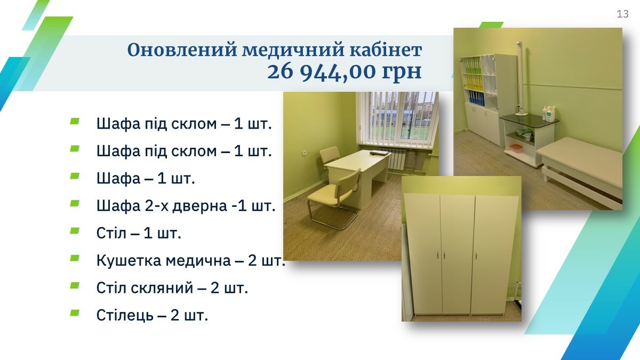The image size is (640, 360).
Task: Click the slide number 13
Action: tap(622, 14)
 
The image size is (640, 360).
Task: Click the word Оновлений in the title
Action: tap(182, 50)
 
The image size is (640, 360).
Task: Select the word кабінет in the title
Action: tap(386, 50)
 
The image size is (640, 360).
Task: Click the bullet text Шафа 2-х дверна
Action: tap(162, 205)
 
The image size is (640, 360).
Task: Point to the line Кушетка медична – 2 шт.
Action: tap(191, 260)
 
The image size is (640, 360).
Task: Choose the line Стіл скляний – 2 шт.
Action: tap(172, 287)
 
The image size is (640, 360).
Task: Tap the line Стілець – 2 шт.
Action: tap(152, 315)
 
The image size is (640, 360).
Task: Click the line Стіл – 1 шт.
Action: tap(139, 233)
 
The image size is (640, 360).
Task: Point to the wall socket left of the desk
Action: tap(305, 154)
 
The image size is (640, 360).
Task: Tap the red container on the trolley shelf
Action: tap(516, 148)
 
